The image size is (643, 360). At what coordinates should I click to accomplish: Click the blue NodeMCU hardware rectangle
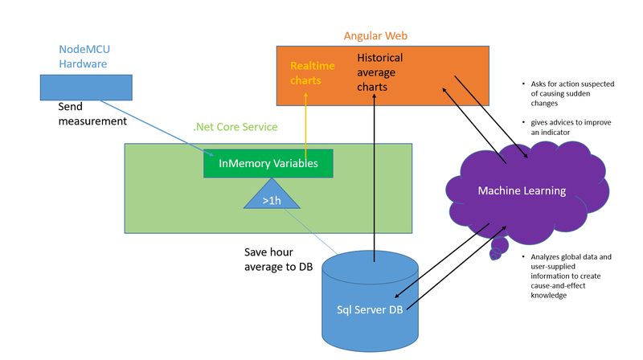86,87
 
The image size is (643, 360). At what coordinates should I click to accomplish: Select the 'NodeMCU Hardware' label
86,55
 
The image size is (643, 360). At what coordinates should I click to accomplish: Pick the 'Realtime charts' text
307,72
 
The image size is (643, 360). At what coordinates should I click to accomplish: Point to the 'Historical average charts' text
380,72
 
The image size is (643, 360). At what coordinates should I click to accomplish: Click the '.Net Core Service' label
235,127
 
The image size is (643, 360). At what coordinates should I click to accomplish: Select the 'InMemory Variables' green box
268,163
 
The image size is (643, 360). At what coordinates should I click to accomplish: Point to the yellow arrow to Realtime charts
306,121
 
